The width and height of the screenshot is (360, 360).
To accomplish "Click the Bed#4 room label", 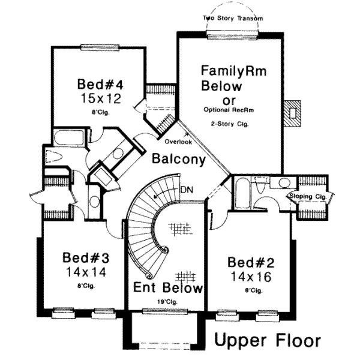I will (x=97, y=83).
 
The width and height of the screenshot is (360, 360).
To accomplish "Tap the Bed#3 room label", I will (x=86, y=259).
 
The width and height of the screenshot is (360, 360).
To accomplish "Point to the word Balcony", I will (x=179, y=160).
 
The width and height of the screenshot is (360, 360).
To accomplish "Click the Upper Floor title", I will (x=268, y=340).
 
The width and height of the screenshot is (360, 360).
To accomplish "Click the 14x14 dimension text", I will (x=86, y=272).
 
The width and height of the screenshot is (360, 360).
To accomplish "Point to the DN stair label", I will (x=187, y=190).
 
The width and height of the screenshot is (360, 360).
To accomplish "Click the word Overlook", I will (x=178, y=142).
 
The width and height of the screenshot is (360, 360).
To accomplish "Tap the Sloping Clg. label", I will (x=308, y=196).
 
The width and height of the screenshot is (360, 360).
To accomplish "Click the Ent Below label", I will (x=168, y=288).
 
